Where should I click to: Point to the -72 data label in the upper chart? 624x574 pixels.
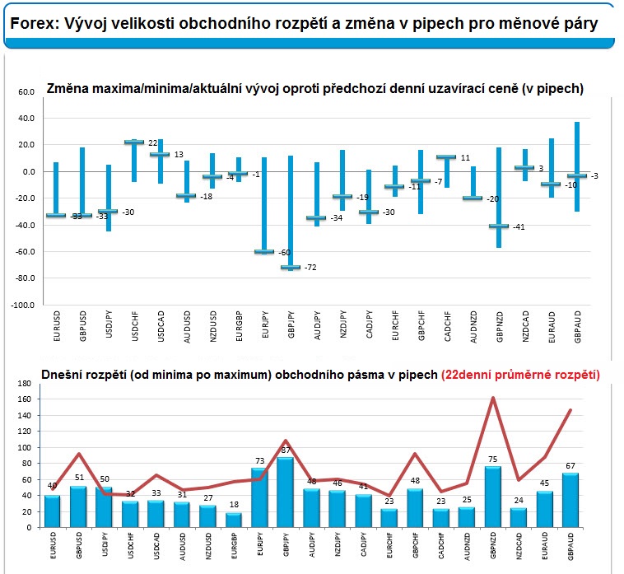[x=310, y=268]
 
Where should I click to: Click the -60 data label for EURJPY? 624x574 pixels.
[x=284, y=253]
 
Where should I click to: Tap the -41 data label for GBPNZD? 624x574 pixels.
[x=519, y=227]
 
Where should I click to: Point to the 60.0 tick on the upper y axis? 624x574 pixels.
[x=27, y=92]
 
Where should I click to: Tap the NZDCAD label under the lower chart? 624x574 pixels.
[x=518, y=548]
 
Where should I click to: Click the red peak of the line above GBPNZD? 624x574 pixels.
[x=492, y=398]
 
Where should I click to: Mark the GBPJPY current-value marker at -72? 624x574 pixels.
[x=290, y=267]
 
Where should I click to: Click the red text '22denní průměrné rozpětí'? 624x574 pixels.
[x=520, y=375]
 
